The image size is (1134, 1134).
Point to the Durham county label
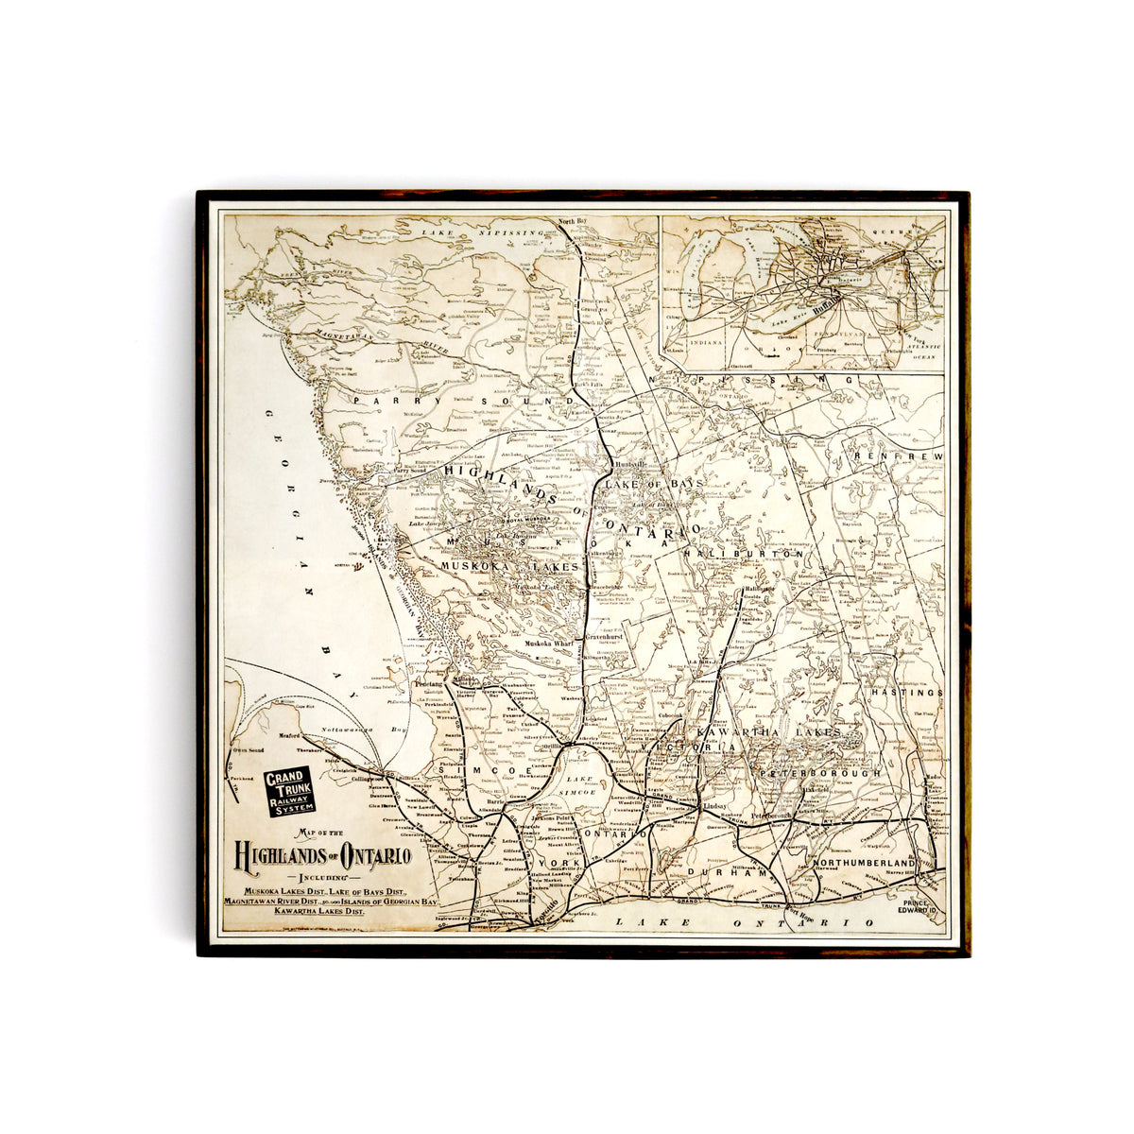(725, 873)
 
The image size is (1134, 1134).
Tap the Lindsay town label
(721, 810)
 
